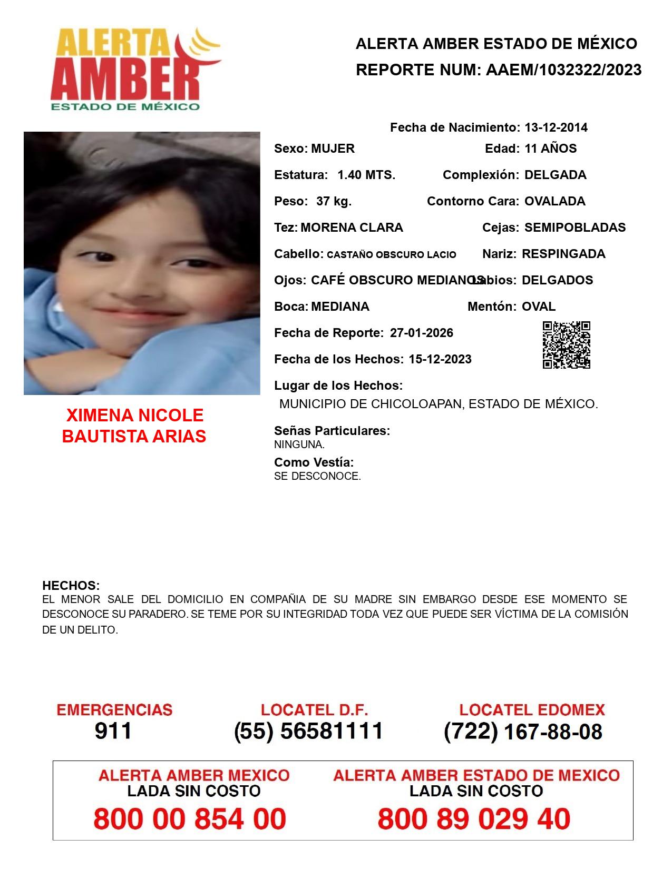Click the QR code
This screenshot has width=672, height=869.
(x=567, y=345)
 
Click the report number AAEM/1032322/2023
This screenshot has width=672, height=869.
(x=563, y=70)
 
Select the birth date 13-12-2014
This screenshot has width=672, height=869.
(x=556, y=127)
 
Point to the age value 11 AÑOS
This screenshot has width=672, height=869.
(x=550, y=149)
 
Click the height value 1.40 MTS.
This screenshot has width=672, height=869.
(x=366, y=175)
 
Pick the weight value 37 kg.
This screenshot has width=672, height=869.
(x=334, y=201)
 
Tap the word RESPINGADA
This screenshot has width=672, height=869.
(x=563, y=254)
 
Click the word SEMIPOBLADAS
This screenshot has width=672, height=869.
(x=575, y=228)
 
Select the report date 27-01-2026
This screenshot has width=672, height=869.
(x=422, y=333)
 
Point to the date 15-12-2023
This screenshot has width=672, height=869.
(x=440, y=359)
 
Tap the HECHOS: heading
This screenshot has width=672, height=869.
(x=71, y=586)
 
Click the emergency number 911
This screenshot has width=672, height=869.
(x=113, y=731)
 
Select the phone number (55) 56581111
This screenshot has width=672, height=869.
(x=308, y=731)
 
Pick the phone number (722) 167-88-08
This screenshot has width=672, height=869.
(x=523, y=732)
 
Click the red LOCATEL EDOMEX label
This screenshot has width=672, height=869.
(x=532, y=710)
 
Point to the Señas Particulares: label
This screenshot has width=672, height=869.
(x=332, y=431)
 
